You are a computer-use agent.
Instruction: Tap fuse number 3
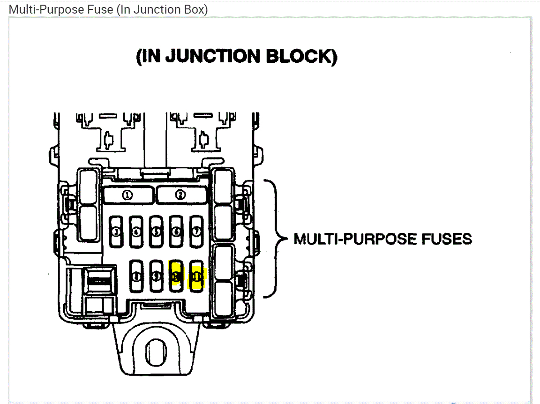[x=116, y=232]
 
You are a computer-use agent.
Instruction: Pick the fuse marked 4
[x=136, y=232]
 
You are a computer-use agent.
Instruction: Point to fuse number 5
[x=157, y=232]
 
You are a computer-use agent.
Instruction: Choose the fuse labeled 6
[x=177, y=232]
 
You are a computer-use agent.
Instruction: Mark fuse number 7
[x=197, y=232]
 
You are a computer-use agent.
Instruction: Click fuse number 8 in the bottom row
[x=136, y=277]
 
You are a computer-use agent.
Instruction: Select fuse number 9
[x=157, y=277]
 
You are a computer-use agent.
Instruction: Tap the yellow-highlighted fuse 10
[x=177, y=277]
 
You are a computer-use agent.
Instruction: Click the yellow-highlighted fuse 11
[x=197, y=277]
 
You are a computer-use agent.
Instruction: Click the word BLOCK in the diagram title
[x=301, y=57]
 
